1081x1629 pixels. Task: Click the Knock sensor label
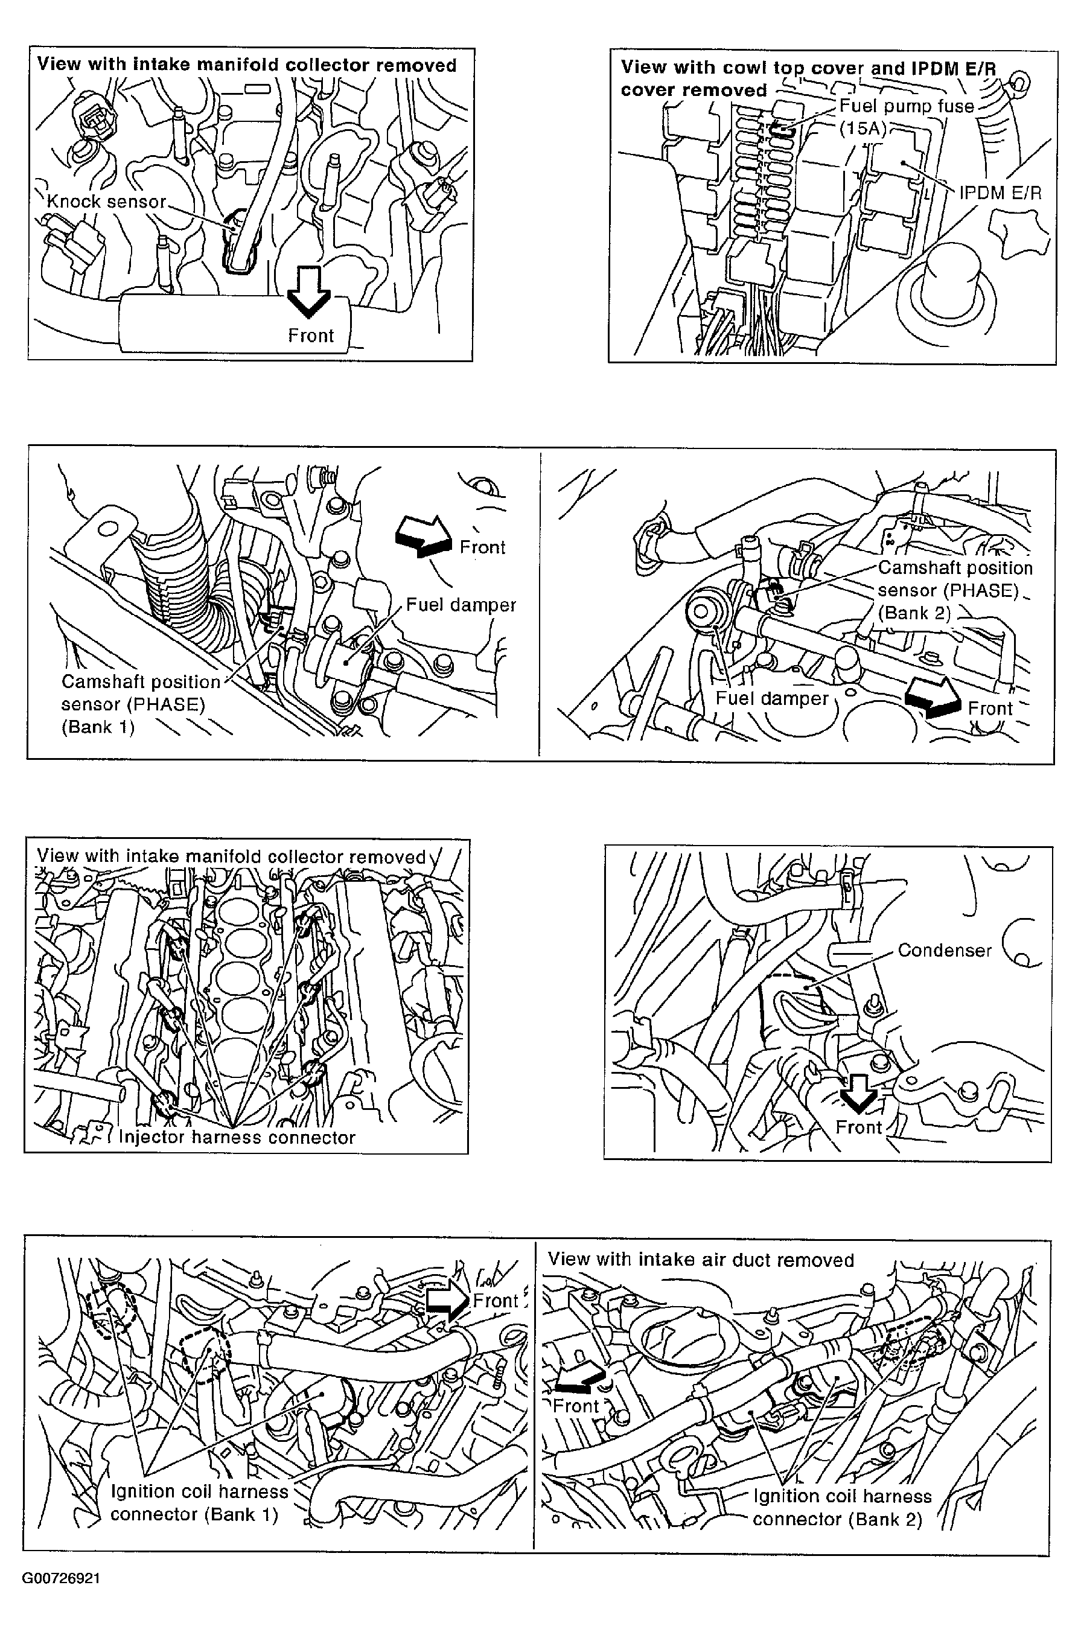(106, 202)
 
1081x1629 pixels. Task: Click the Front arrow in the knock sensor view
(309, 291)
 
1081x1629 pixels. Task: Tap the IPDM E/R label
(1000, 193)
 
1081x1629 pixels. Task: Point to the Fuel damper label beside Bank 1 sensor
(461, 605)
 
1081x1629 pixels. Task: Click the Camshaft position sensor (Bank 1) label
(140, 704)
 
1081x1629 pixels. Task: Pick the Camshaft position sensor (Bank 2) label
(954, 590)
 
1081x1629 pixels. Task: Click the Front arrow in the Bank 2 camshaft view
(932, 698)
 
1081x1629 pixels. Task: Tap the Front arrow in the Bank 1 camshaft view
(423, 537)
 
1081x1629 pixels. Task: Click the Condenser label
(944, 950)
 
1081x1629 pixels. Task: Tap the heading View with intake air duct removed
(700, 1260)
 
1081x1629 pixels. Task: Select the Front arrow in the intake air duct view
(579, 1379)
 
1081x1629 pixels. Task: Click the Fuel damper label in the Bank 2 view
(771, 698)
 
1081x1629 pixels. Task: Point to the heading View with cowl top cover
(808, 78)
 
